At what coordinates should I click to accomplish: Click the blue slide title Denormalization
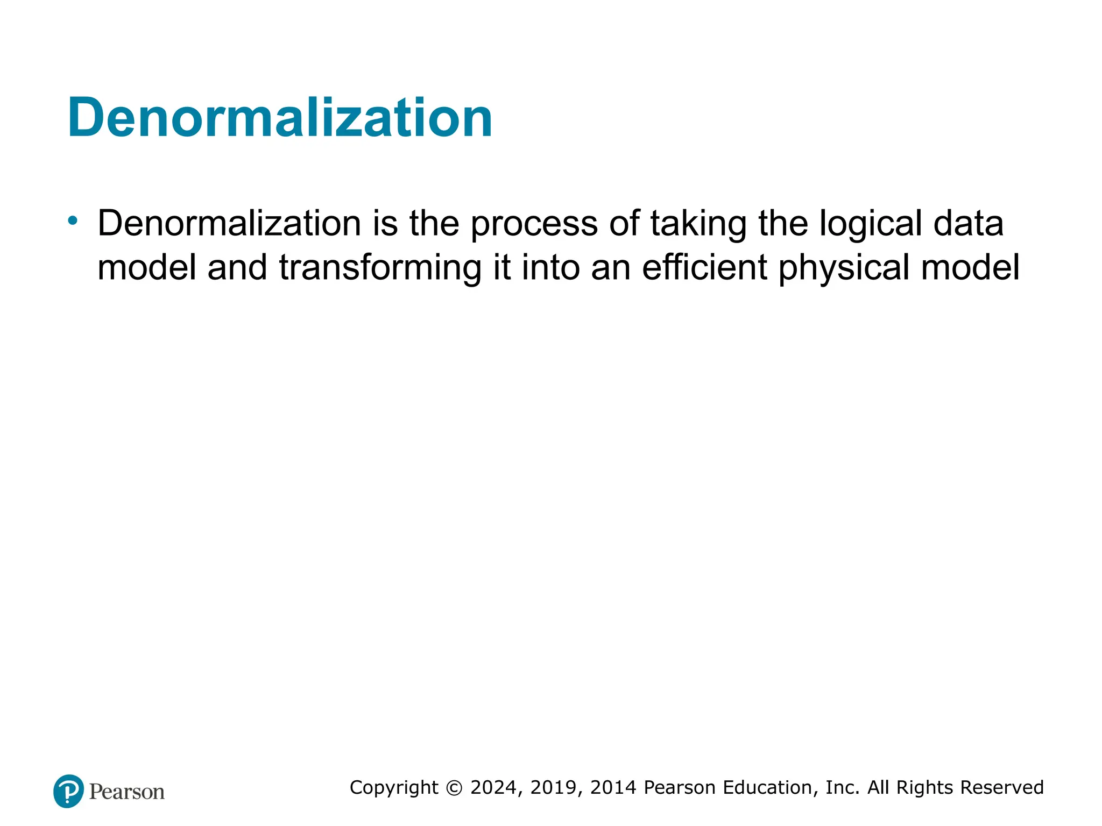280,117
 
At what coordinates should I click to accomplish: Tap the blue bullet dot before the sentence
73,220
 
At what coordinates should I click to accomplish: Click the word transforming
380,267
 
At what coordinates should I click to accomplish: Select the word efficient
704,267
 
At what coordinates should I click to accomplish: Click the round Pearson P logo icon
68,791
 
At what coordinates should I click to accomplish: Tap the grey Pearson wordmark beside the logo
127,792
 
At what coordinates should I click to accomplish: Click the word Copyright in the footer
394,787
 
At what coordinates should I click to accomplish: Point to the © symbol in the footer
455,788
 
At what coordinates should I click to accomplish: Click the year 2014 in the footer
613,787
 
